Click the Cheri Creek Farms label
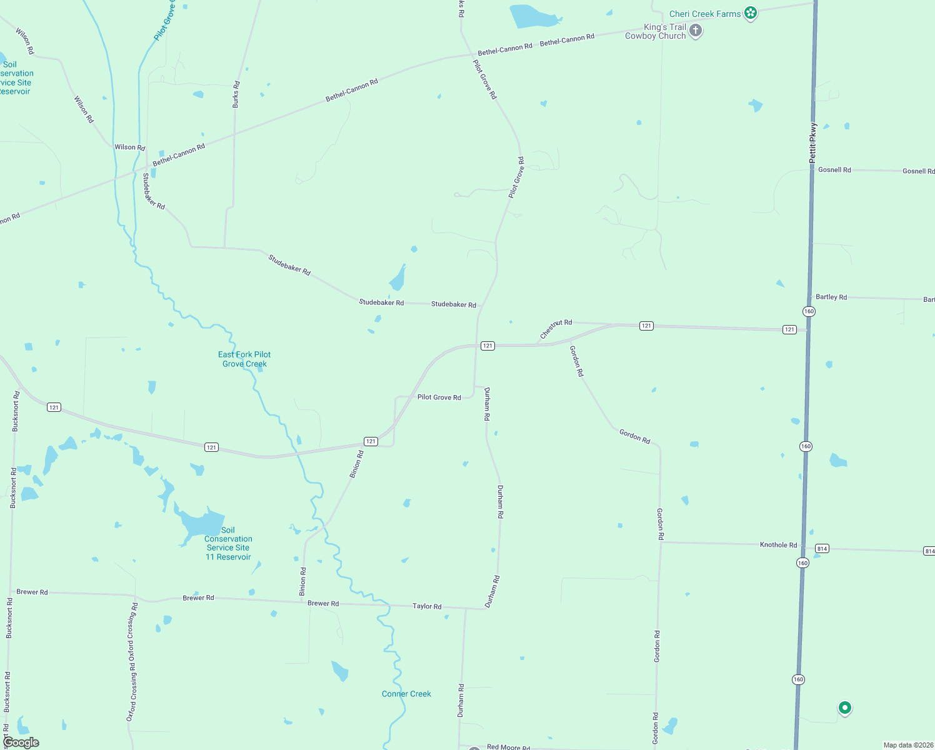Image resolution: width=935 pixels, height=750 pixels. coord(704,14)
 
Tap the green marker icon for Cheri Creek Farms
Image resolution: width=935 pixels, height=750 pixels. coord(751,13)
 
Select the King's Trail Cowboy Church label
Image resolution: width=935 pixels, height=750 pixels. coord(656,31)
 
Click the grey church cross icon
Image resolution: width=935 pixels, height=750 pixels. coord(695,30)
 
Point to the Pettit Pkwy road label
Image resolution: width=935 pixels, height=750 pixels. coord(812,142)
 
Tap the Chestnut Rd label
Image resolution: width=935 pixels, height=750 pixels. coord(556,329)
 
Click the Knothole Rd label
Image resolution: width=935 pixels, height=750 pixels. coord(778,545)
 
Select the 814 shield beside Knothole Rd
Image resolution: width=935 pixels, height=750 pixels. coord(822,549)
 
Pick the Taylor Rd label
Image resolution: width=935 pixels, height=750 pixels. coord(427,606)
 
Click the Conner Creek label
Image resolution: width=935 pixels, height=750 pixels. coord(406,694)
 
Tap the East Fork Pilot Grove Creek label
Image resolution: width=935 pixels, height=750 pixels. coord(244,359)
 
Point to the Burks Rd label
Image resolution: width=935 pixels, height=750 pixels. coord(236,94)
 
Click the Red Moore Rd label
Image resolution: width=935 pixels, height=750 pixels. coord(508,747)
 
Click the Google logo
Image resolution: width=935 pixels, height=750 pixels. coord(21,742)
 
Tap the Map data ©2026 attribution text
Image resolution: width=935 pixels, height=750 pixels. coord(908,745)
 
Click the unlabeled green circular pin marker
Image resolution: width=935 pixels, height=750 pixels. coord(844,707)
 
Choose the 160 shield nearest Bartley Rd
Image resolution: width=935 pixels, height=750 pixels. coord(809,311)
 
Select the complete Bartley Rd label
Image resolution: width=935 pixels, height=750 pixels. coord(831,297)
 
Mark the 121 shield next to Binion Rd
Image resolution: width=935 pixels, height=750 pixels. coord(371,441)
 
